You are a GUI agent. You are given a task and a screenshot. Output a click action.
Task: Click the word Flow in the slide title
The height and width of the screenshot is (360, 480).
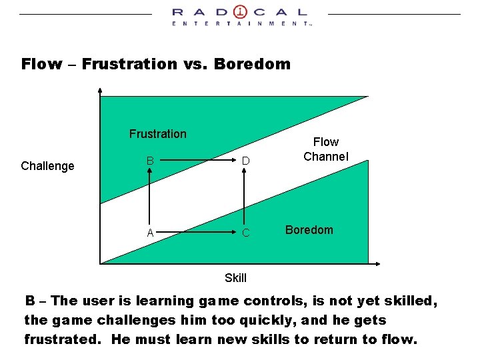click(x=42, y=65)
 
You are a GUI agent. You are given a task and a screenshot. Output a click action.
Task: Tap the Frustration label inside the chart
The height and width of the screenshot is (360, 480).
click(x=158, y=134)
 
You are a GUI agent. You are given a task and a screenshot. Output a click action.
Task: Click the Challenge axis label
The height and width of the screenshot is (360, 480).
click(x=47, y=166)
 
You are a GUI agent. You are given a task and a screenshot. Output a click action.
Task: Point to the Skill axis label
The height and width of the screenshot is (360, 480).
click(x=235, y=278)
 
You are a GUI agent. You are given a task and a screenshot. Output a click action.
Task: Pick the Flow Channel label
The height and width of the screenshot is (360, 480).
click(x=325, y=149)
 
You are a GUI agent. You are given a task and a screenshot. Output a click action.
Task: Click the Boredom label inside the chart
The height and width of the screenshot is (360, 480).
click(x=309, y=230)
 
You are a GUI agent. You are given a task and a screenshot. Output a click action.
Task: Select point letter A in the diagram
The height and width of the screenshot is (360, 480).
click(x=151, y=233)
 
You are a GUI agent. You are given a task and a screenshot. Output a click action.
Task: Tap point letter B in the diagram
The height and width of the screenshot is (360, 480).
click(x=151, y=161)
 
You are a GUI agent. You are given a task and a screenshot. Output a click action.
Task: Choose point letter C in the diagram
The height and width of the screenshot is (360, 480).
click(x=245, y=233)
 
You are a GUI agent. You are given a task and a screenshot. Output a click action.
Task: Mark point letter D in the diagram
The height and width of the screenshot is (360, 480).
click(x=245, y=161)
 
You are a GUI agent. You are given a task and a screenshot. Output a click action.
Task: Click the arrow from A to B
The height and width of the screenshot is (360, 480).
click(x=151, y=197)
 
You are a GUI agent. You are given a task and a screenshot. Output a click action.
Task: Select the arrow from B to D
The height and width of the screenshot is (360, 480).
click(x=197, y=161)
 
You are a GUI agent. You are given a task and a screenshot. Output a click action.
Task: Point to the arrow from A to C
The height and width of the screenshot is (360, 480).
click(x=197, y=233)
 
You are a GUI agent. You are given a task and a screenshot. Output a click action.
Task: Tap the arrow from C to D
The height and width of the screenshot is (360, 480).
click(x=245, y=197)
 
